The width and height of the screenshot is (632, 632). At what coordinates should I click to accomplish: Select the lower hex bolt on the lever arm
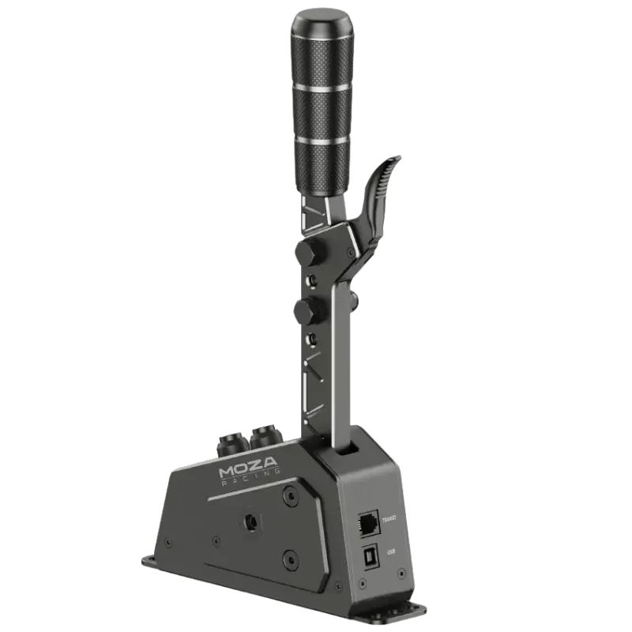coord(303,310)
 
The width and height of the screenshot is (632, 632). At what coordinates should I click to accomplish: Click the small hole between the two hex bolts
coord(314,280)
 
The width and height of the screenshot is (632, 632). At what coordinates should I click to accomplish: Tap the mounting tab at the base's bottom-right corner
coord(427,610)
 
